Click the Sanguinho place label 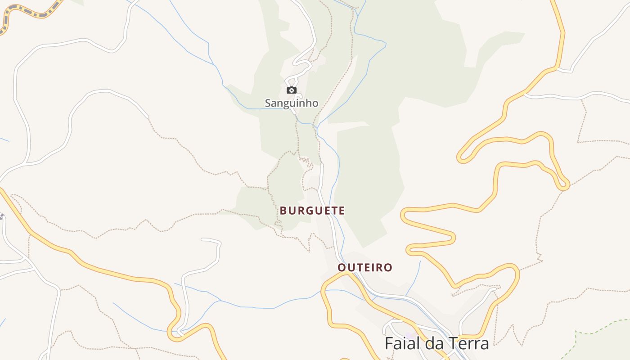[291, 103]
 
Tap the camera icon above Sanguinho [292, 90]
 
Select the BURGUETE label [312, 210]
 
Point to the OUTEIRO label [365, 267]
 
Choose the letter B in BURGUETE [283, 210]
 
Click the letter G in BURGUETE [311, 210]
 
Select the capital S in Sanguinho [267, 103]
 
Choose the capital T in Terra [452, 343]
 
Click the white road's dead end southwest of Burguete [202, 239]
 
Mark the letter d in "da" [429, 343]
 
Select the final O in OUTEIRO [388, 267]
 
